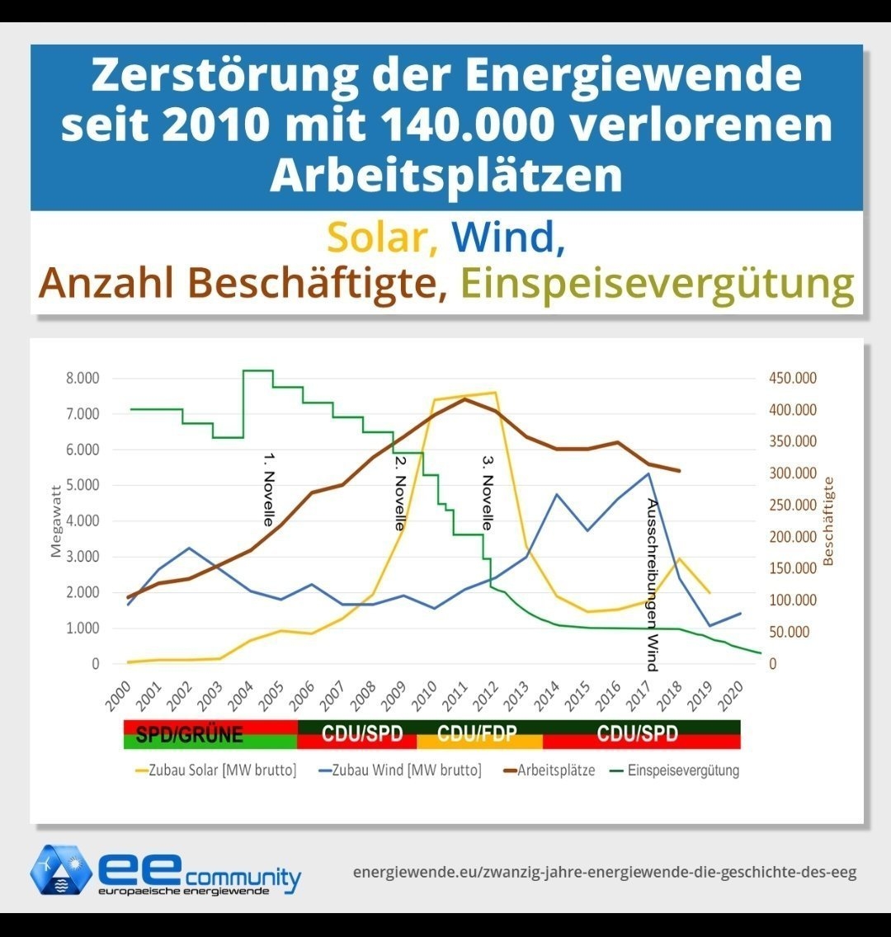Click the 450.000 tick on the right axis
[x=791, y=379]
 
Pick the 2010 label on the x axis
[x=422, y=696]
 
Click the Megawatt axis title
[x=56, y=520]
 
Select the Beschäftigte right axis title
[x=828, y=520]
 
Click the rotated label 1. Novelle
[x=268, y=488]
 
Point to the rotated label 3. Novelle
[x=487, y=492]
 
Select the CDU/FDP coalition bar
[x=479, y=734]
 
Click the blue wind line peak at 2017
[x=648, y=473]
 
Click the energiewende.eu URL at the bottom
[x=604, y=872]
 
